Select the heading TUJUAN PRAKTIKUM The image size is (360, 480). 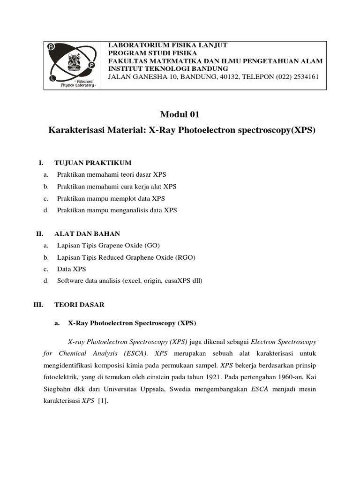(93, 163)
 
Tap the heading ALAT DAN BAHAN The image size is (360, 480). (87, 233)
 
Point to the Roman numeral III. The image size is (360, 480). (38, 305)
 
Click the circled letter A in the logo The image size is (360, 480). (51, 46)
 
